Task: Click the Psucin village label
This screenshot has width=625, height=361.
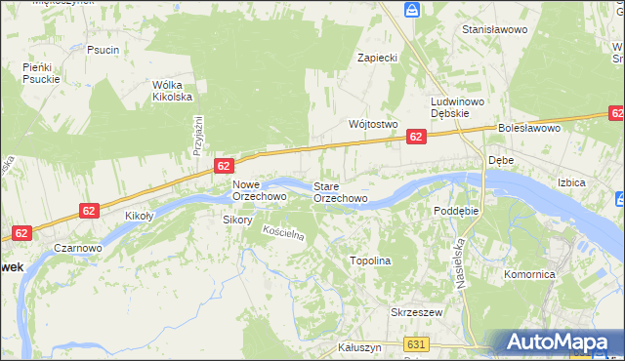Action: [103, 50]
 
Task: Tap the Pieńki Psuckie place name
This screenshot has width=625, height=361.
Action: [42, 73]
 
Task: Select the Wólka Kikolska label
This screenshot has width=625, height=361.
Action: [172, 91]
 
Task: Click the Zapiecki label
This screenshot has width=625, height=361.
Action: [377, 58]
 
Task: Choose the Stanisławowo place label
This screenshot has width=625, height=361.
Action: [494, 30]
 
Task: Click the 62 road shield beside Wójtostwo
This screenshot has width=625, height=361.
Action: [416, 137]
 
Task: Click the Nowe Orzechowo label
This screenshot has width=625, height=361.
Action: [259, 190]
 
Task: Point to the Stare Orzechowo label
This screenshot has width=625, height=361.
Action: [340, 191]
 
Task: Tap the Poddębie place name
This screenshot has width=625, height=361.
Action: [456, 210]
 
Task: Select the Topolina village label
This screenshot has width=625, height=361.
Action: [370, 261]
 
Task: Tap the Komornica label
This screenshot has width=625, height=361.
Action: [529, 275]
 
